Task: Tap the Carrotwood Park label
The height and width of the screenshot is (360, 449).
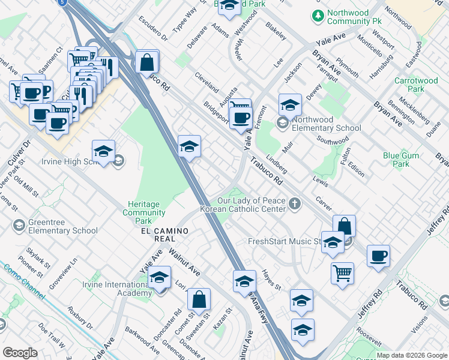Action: [x=417, y=85]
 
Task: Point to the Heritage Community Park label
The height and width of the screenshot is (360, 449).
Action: [x=144, y=209]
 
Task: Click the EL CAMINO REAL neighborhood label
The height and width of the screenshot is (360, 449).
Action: [x=165, y=235]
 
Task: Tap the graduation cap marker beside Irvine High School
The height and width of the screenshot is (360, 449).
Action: [x=104, y=151]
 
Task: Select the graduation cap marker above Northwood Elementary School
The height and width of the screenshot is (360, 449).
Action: [x=290, y=105]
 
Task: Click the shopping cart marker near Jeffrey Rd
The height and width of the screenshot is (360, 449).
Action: [x=342, y=272]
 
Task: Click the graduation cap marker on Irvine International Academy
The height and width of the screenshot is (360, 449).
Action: [x=160, y=278]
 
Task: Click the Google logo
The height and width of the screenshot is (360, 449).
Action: [x=20, y=353]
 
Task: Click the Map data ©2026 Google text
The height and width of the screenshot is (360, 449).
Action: [x=411, y=355]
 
